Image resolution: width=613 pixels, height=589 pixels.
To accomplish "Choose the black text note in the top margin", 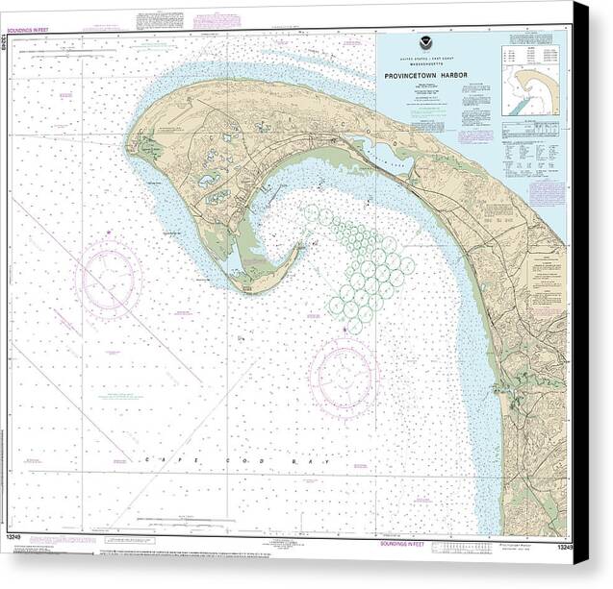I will tap(156, 19).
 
